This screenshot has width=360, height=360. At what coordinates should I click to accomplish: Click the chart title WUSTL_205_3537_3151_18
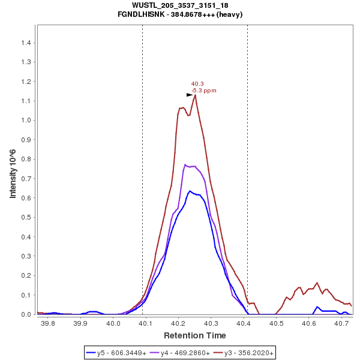tap(179, 5)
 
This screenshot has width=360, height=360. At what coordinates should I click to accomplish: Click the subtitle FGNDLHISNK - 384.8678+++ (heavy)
tap(179, 14)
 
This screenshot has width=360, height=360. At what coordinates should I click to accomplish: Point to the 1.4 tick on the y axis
tap(26, 43)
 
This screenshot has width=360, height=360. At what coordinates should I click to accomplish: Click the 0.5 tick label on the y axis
tap(26, 217)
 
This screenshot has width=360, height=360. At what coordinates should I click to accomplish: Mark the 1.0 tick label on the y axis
tap(26, 120)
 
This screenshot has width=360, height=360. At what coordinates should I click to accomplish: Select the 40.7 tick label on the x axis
tap(341, 323)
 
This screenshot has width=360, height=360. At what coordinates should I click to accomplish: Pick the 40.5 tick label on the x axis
tap(276, 323)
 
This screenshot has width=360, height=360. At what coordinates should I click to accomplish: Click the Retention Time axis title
tap(195, 335)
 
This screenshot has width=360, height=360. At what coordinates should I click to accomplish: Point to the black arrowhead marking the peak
tap(190, 95)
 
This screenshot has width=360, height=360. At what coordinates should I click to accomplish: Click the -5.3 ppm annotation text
tap(204, 91)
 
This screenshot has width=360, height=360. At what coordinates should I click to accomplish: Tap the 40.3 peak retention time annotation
tap(197, 84)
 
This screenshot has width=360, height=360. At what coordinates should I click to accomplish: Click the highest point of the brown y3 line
tap(195, 94)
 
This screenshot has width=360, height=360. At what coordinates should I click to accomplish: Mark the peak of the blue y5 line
tap(190, 191)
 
